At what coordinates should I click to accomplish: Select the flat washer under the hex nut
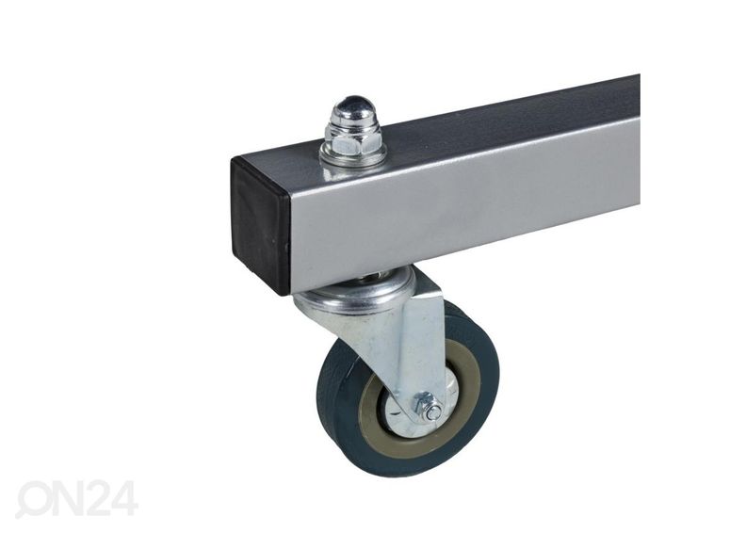point(353,154)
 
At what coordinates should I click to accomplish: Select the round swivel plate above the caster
point(355,291)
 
